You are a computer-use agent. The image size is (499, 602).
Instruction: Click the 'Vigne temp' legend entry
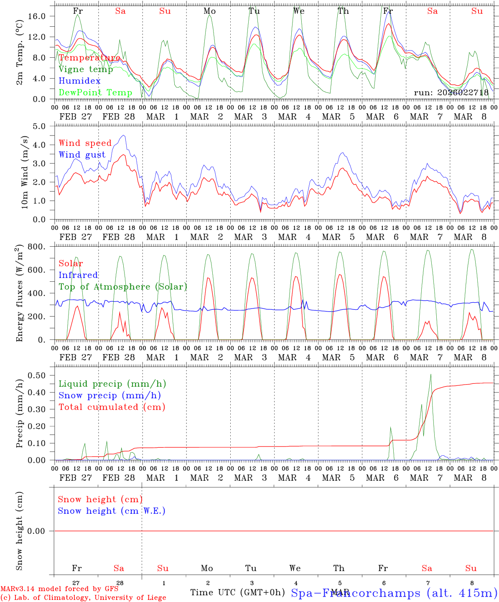tap(86, 69)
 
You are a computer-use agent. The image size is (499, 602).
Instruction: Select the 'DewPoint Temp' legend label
tap(95, 93)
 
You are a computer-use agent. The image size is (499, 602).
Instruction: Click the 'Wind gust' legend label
tap(82, 155)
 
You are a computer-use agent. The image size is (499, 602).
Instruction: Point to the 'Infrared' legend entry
tap(78, 275)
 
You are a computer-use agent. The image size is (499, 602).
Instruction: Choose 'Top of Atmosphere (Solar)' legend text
tap(122, 287)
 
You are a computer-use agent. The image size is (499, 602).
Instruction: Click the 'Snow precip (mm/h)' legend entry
tap(109, 395)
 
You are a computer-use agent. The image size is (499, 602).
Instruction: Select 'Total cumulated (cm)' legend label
tap(112, 407)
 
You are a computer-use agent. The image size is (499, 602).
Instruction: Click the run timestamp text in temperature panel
tap(451, 93)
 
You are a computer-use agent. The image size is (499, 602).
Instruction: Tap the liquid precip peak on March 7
tap(430, 375)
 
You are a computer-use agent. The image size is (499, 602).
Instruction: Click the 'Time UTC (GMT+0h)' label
tap(237, 592)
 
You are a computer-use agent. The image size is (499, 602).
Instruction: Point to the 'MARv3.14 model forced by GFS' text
tap(59, 589)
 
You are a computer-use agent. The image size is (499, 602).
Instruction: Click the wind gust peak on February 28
tap(123, 135)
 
